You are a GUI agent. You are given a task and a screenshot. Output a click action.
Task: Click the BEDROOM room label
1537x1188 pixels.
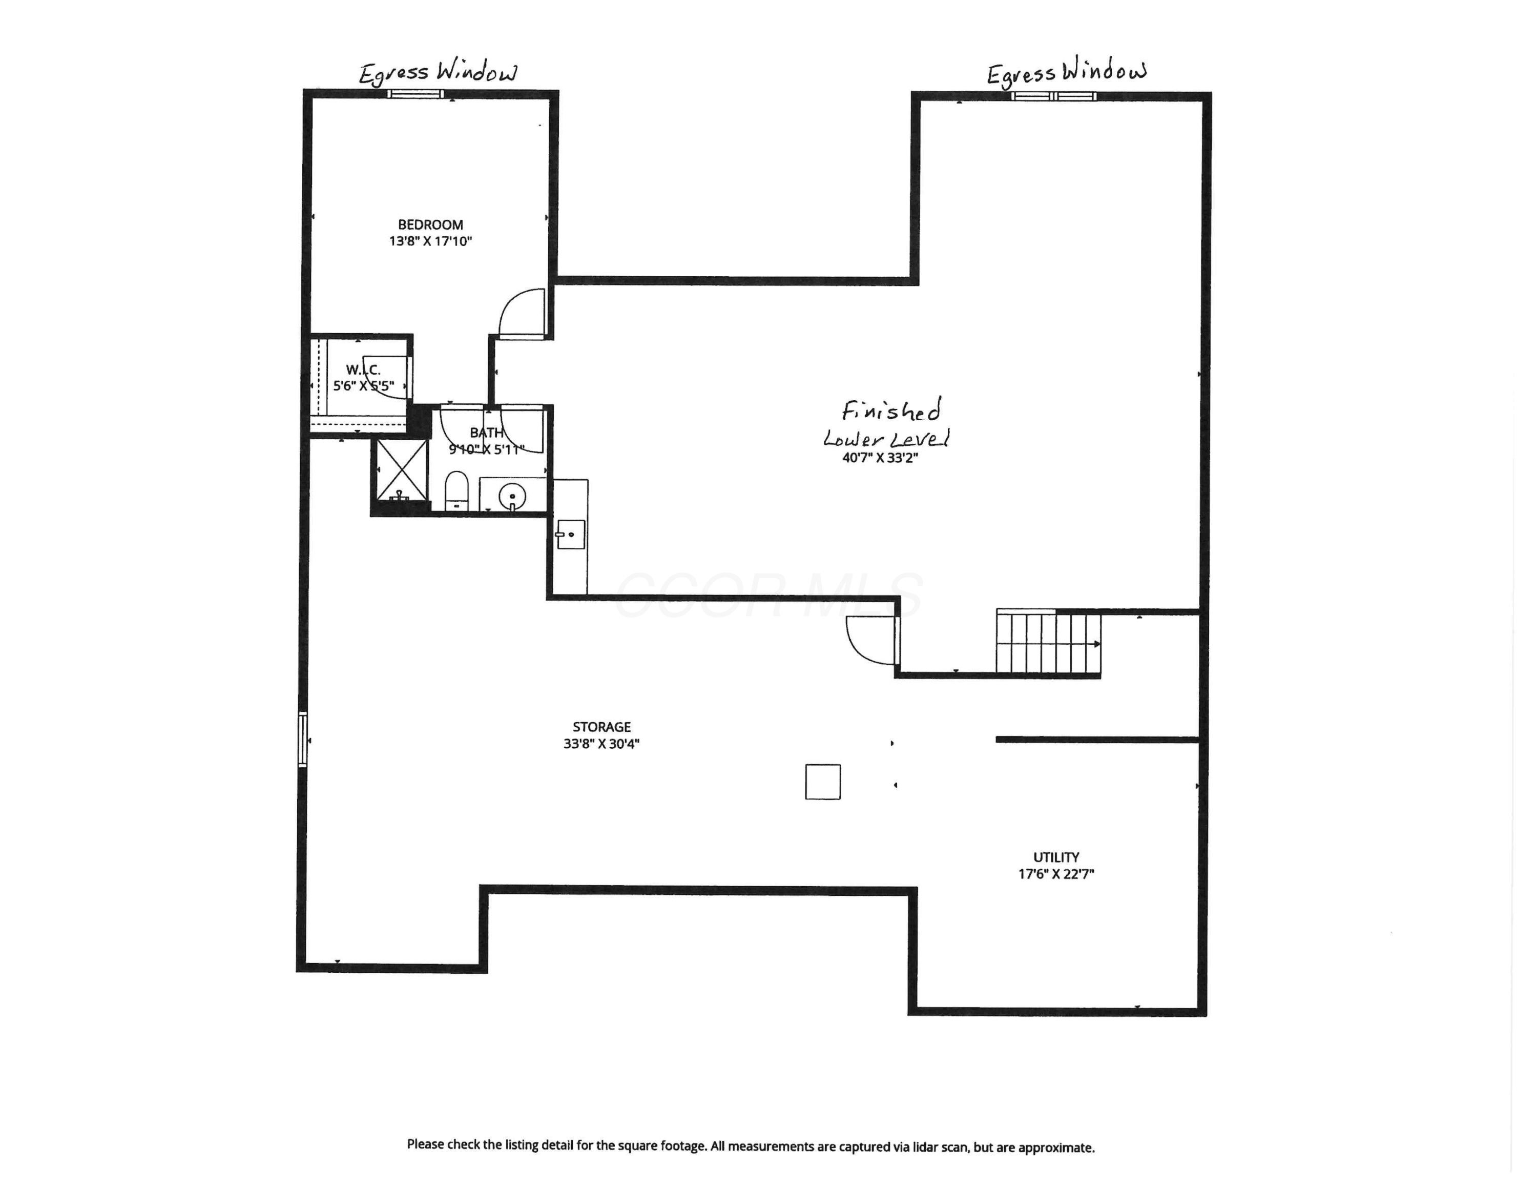pos(430,224)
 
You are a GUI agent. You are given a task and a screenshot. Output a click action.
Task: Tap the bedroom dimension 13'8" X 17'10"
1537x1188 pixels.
pos(430,241)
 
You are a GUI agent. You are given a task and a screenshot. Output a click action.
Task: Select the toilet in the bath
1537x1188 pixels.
pos(456,490)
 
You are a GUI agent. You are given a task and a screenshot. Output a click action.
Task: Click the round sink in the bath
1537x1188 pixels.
pos(512,497)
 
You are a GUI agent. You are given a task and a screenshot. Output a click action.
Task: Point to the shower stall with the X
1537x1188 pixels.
pos(402,470)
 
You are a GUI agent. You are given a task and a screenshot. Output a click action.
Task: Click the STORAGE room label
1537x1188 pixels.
pos(601,726)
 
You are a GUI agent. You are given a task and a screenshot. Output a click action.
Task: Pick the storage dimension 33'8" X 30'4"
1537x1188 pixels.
pos(601,744)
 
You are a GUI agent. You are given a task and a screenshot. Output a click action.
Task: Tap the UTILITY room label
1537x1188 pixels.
pos(1055,857)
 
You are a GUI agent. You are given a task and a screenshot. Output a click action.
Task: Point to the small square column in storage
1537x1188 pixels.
pos(823,782)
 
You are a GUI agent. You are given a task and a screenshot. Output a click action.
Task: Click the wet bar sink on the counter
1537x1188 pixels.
pos(571,534)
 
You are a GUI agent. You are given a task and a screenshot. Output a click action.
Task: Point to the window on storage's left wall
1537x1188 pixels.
pos(303,739)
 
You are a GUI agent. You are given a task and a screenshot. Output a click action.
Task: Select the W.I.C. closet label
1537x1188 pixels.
pos(363,370)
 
